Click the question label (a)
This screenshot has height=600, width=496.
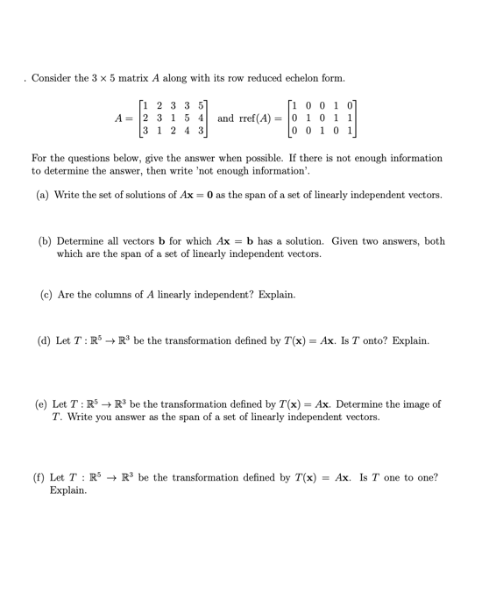point(43,194)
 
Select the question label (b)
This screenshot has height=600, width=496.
point(43,240)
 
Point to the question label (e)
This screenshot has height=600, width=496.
point(41,404)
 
